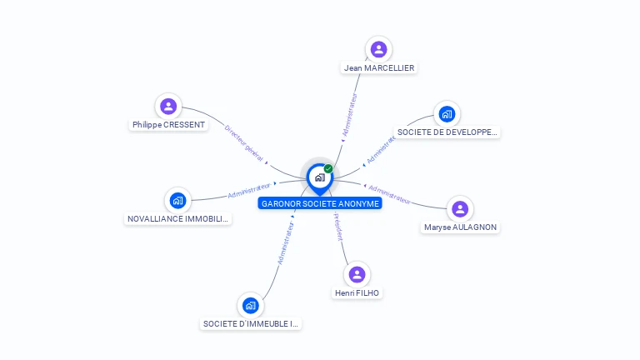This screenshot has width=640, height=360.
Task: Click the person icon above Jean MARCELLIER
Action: [x=378, y=48]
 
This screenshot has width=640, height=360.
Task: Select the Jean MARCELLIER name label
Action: [x=379, y=67]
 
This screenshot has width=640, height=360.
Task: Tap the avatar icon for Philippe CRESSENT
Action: [x=168, y=106]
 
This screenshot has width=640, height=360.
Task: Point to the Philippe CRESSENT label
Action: [x=168, y=125]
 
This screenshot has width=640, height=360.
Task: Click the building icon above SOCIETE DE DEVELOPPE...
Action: [x=447, y=113]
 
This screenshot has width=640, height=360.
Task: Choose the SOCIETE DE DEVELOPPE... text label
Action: [x=447, y=132]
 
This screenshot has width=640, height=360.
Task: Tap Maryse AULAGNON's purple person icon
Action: [x=459, y=208]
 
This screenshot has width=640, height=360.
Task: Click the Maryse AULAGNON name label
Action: [x=461, y=227]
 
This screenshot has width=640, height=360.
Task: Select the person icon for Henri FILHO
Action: [x=357, y=274]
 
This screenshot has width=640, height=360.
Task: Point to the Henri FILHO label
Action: [x=357, y=292]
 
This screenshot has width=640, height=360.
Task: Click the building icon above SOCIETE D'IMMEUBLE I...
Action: [x=251, y=305]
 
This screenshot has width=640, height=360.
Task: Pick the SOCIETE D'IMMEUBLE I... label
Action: [x=251, y=323]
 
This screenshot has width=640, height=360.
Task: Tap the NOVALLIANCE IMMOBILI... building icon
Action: [x=177, y=200]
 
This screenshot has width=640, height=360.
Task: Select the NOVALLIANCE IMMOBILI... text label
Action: [x=177, y=218]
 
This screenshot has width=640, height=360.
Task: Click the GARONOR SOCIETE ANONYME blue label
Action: [x=320, y=203]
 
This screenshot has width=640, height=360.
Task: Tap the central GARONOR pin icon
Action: [x=319, y=177]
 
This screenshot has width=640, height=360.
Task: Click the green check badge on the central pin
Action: [x=328, y=168]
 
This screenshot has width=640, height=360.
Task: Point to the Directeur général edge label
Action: [x=244, y=142]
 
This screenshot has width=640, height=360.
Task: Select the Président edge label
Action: [x=338, y=227]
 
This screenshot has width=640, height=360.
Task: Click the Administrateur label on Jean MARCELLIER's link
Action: [x=350, y=114]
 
